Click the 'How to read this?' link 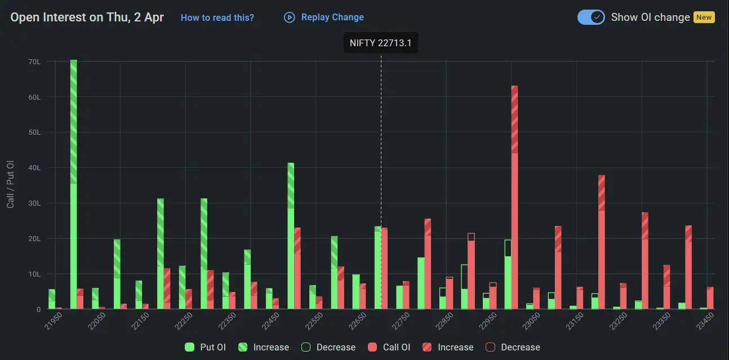click(x=217, y=17)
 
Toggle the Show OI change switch click(x=591, y=17)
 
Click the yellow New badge click(x=704, y=17)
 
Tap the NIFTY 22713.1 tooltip click(x=380, y=43)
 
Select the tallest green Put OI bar click(x=74, y=186)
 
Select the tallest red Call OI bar click(x=514, y=197)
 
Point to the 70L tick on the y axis click(x=35, y=61)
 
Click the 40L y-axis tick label click(x=35, y=168)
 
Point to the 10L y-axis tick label click(x=35, y=274)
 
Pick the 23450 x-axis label click(x=703, y=323)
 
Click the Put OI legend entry click(x=206, y=347)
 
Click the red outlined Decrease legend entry click(x=513, y=347)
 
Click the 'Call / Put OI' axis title click(x=10, y=184)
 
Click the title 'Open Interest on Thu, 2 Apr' click(x=87, y=17)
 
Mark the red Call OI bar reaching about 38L click(x=602, y=242)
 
